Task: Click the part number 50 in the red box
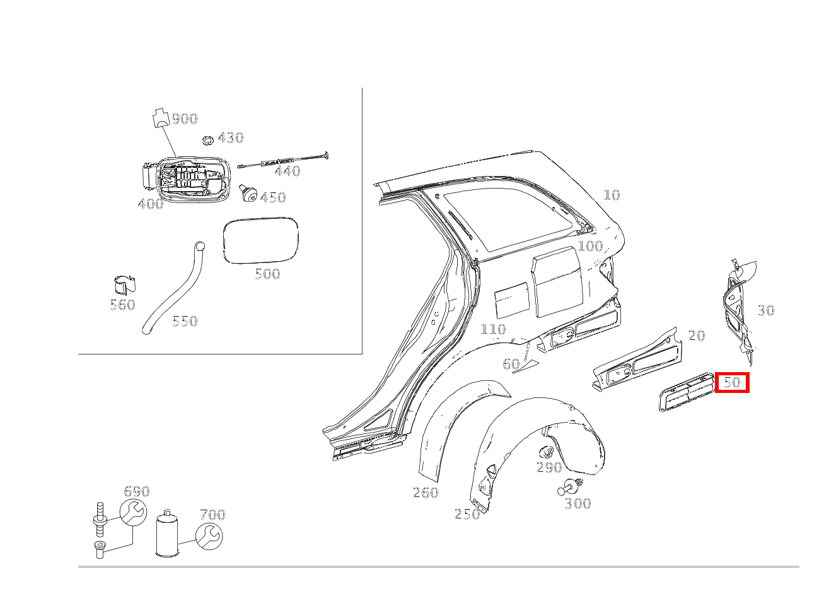point(731,382)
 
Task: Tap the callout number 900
point(185,119)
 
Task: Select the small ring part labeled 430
point(207,139)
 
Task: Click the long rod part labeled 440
point(284,161)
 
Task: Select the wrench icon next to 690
point(133,513)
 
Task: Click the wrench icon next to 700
point(209,535)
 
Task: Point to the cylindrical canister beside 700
point(168,534)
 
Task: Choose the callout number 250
point(467,515)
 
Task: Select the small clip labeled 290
point(546,452)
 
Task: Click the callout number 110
point(493,329)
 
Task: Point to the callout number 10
point(612,195)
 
